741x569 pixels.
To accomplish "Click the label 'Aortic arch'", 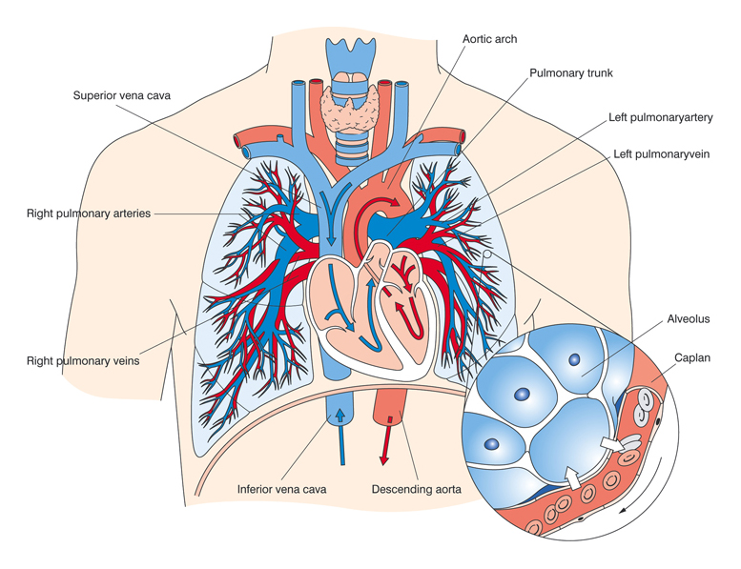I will tap(489, 39).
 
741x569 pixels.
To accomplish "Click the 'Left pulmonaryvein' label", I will tap(661, 153).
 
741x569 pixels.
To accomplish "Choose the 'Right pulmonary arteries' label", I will tap(89, 213).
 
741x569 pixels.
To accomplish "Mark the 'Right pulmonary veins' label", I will tap(84, 361).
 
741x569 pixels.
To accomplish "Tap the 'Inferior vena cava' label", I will tap(281, 490).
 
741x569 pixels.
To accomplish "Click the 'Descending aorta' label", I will tap(416, 490).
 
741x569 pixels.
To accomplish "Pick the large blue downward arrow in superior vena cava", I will tap(330, 218).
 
